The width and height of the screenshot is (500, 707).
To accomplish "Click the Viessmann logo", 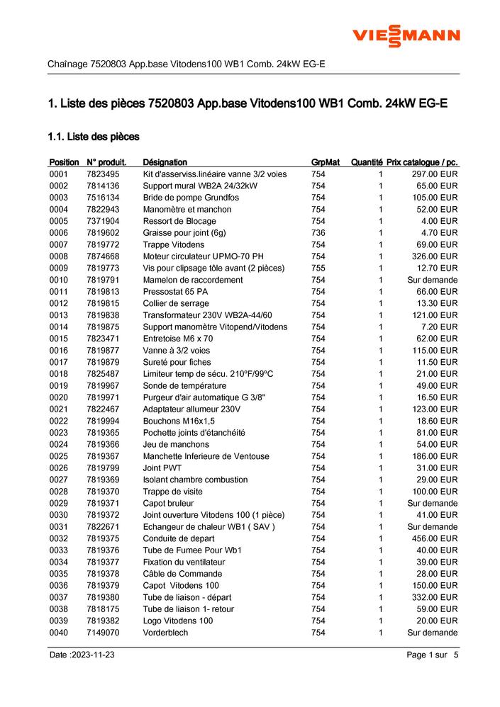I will tap(406, 36).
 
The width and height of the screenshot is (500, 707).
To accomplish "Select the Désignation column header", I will tap(165, 162).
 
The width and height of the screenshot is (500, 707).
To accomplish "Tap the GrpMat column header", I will tap(326, 162).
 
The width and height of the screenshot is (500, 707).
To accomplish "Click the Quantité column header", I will tap(367, 162).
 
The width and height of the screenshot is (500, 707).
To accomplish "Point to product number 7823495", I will tap(103, 174).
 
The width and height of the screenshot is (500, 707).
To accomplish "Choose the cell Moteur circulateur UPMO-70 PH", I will tap(204, 256).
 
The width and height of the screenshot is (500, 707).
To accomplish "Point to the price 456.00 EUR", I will tap(435, 538).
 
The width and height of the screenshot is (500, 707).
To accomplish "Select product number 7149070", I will tap(103, 633).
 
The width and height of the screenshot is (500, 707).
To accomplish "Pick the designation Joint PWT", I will tap(162, 468).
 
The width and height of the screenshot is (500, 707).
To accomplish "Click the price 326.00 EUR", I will tap(435, 256).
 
